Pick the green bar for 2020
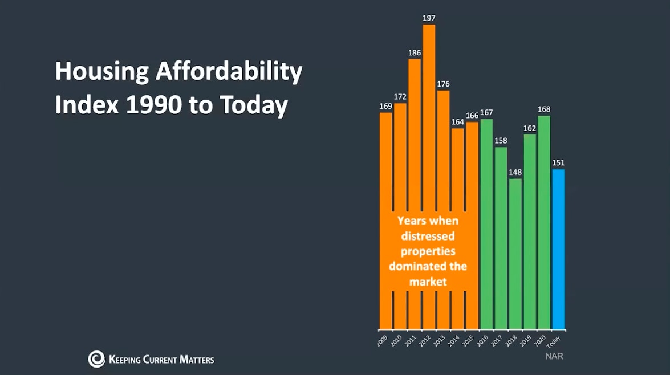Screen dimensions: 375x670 tap(544, 222)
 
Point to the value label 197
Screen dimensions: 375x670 tap(429, 18)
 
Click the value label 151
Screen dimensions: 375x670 tap(558, 163)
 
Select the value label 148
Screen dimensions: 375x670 tap(515, 172)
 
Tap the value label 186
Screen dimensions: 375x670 tap(415, 53)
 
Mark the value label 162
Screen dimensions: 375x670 tap(530, 128)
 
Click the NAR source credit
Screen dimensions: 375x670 tap(554, 356)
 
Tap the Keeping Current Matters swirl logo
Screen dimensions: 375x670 tap(96, 359)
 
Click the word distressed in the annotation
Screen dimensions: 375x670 tap(428, 236)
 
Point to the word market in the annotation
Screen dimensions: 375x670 tap(427, 282)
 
